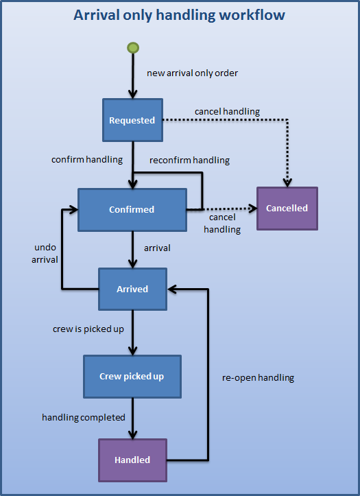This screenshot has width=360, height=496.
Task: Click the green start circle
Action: click(133, 47)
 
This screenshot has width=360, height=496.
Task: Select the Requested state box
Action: click(132, 120)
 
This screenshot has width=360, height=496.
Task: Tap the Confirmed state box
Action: click(132, 209)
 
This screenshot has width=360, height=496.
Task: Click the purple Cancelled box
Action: click(287, 208)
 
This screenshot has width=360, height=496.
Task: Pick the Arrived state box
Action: click(132, 289)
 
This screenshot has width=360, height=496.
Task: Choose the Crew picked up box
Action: click(132, 376)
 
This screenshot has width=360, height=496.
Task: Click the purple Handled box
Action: click(132, 460)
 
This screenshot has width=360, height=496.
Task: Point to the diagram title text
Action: click(180, 14)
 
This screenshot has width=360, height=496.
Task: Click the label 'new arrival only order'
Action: click(192, 73)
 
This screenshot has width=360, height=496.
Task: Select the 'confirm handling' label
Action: click(87, 159)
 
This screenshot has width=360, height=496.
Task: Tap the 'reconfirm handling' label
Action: click(190, 160)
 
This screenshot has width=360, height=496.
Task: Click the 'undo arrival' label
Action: click(46, 253)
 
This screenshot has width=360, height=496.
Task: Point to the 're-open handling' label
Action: click(258, 377)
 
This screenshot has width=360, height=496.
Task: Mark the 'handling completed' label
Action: click(84, 417)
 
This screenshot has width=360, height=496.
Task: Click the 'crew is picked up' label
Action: click(88, 329)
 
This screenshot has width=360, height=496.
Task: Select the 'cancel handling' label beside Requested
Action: click(227, 111)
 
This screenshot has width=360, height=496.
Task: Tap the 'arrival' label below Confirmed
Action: click(157, 247)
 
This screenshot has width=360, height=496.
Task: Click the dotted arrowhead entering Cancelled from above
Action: click(288, 182)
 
